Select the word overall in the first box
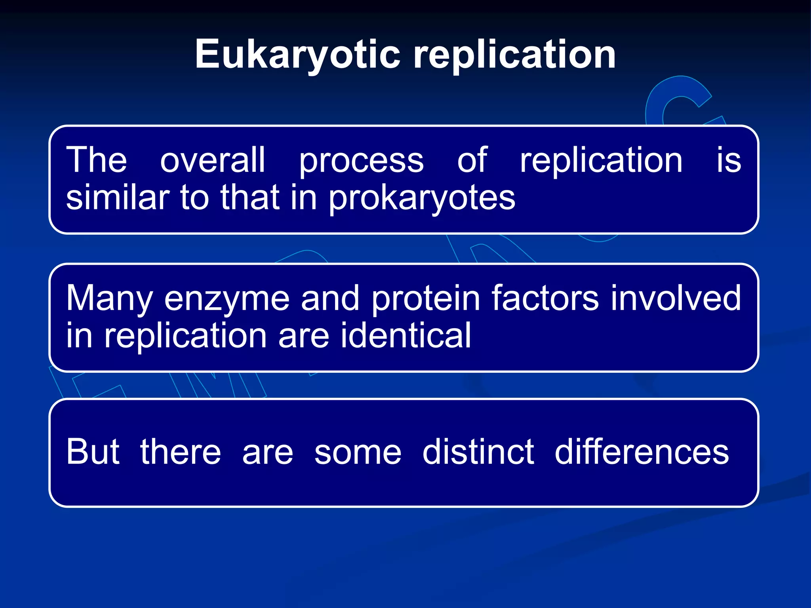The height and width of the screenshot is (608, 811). click(x=213, y=160)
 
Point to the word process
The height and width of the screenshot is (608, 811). click(x=361, y=161)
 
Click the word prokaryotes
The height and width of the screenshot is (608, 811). click(x=422, y=198)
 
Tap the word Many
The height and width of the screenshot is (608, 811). click(x=109, y=299)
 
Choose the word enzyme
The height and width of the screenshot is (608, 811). click(x=227, y=299)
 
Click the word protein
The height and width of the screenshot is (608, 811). click(x=426, y=299)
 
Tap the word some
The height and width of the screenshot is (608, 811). click(x=358, y=452)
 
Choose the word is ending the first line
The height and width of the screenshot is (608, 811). click(x=729, y=160)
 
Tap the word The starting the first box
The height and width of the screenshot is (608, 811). click(x=97, y=160)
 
